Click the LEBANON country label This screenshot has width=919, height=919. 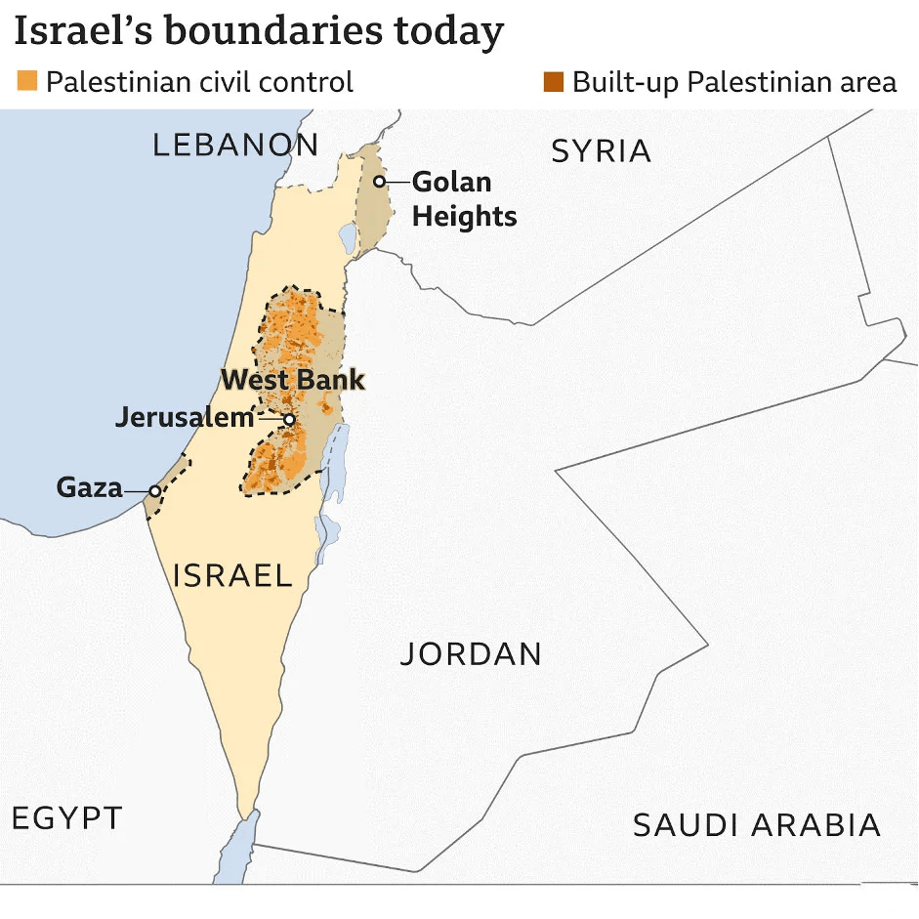(235, 146)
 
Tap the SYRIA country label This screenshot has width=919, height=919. (601, 151)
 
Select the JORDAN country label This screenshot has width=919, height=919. (471, 654)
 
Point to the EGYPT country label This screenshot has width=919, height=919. (67, 818)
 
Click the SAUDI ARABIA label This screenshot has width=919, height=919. (757, 825)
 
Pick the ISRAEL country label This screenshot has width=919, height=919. (232, 575)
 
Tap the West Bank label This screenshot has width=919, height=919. (293, 380)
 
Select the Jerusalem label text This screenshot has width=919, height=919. (185, 418)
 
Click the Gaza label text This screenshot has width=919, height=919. (89, 486)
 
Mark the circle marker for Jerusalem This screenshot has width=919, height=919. (289, 419)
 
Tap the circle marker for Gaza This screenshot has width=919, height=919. (154, 490)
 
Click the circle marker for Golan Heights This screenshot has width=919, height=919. (380, 182)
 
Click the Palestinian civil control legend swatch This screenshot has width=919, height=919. (27, 81)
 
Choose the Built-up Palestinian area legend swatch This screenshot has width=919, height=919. (554, 81)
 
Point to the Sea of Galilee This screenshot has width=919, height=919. (348, 236)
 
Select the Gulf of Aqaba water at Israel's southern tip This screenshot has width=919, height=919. (234, 859)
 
